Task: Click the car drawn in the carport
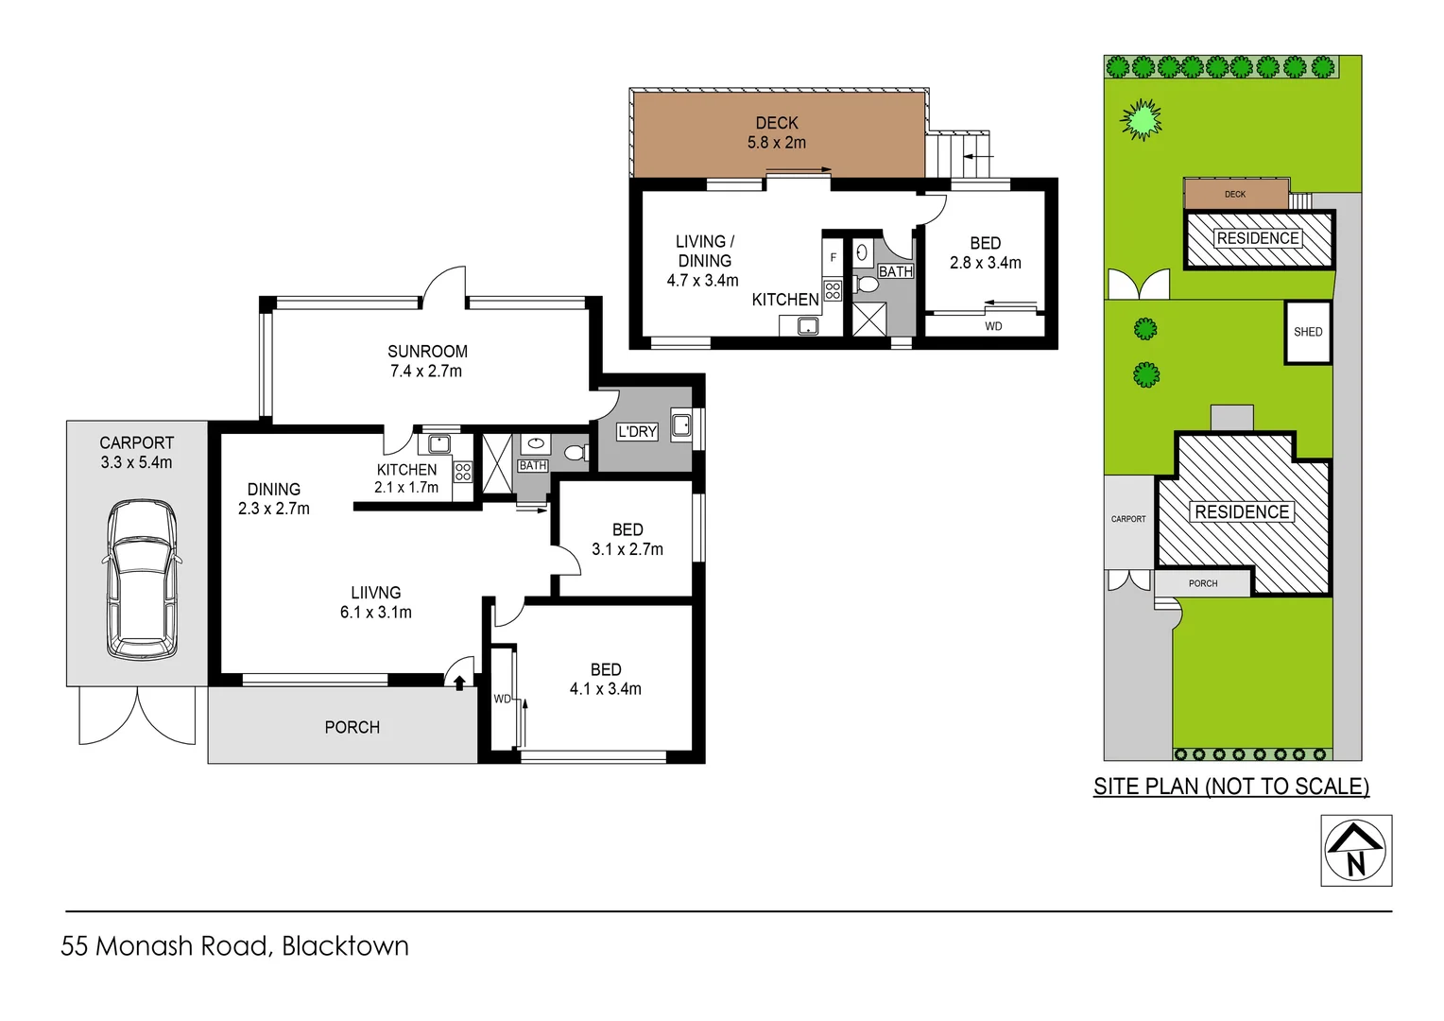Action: (142, 580)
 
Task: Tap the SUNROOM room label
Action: (427, 352)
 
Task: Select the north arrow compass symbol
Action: (1356, 850)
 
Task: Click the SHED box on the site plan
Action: (1308, 332)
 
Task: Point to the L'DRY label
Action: (637, 432)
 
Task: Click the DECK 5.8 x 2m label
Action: (777, 133)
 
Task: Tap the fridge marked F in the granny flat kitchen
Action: (833, 257)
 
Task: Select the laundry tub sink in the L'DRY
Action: (681, 424)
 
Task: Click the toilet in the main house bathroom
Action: (574, 453)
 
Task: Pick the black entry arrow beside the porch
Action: (459, 683)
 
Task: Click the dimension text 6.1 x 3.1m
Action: (376, 613)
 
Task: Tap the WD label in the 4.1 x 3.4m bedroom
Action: (502, 699)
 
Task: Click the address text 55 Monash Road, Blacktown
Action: (235, 945)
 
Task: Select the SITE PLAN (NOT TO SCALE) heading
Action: (1230, 787)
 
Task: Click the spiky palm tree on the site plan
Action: (1142, 120)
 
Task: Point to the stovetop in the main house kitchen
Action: (463, 472)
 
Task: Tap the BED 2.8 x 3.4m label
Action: (985, 253)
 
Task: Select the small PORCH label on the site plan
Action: (1203, 583)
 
